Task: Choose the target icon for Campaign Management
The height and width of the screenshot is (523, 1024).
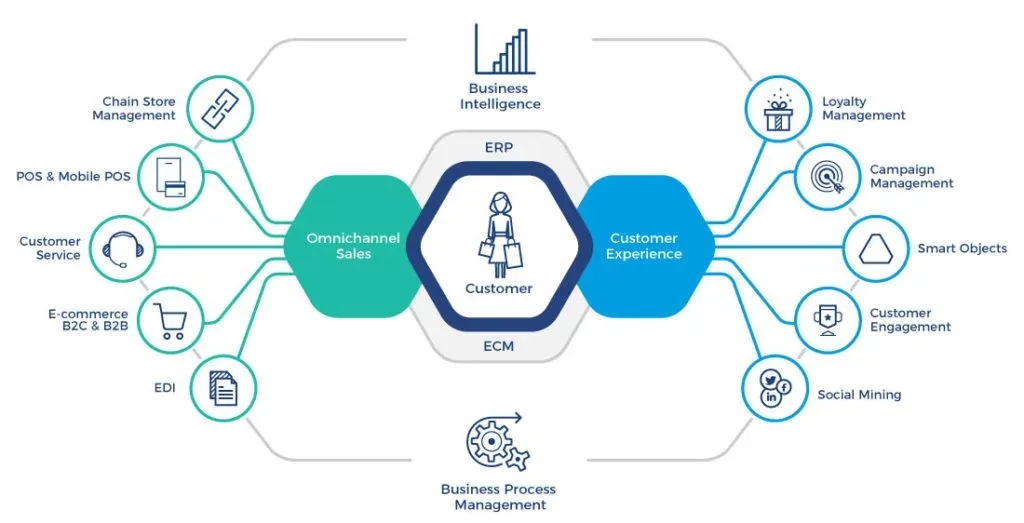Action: coord(825,176)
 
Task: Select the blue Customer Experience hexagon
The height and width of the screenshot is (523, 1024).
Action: coord(645,246)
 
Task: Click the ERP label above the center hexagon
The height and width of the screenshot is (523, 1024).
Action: coord(499,147)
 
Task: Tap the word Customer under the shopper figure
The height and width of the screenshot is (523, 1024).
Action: coord(499,288)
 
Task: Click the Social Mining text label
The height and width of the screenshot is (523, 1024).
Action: coord(859,395)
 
